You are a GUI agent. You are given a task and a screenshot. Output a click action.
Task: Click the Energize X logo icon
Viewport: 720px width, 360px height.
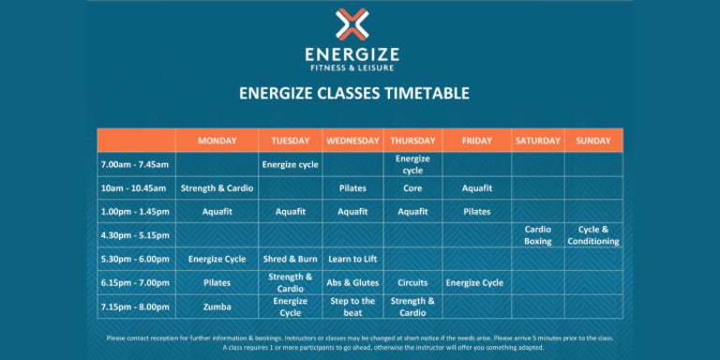[x=352, y=25]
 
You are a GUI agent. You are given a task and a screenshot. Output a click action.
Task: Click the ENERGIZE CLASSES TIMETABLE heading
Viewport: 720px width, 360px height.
[x=353, y=94]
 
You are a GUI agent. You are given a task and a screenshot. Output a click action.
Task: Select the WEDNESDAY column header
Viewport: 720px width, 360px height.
[x=352, y=141]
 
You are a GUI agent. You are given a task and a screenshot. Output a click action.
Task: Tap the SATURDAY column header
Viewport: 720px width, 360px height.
[x=537, y=141]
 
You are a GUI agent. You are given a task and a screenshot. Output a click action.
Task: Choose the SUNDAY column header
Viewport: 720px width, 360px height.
[x=592, y=141]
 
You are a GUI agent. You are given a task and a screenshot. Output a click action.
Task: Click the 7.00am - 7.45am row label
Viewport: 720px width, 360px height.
[x=134, y=164]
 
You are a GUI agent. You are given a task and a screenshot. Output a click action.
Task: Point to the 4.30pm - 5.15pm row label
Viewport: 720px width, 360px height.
[x=134, y=235]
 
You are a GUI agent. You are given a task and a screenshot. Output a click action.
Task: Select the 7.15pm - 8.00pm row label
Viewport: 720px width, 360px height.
[x=134, y=307]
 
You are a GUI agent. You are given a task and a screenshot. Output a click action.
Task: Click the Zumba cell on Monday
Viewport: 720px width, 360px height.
[x=217, y=307]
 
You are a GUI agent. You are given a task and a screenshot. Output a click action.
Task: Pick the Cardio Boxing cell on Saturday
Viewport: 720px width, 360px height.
[x=537, y=235]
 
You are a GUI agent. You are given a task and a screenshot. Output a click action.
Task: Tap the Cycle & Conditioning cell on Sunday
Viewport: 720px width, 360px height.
[x=592, y=235]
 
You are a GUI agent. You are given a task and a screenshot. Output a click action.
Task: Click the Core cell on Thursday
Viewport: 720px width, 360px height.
[x=412, y=188]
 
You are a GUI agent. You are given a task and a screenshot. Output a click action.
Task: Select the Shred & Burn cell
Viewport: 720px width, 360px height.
[x=290, y=259]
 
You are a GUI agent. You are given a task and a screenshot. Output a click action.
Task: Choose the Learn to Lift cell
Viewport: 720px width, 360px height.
[x=352, y=259]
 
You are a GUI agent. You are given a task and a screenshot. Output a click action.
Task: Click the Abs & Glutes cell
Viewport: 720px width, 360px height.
[x=352, y=282]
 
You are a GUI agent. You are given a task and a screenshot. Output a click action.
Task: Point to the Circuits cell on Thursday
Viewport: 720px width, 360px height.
[x=412, y=282]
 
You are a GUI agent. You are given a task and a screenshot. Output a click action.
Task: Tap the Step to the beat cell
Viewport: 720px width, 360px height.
[x=352, y=307]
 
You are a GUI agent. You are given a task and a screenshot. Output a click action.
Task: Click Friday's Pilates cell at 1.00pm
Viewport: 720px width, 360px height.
[x=476, y=212]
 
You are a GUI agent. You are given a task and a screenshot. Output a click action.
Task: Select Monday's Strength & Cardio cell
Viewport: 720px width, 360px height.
[x=217, y=188]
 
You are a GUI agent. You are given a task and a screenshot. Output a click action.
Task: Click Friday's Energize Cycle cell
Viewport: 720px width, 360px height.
[x=474, y=282]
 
